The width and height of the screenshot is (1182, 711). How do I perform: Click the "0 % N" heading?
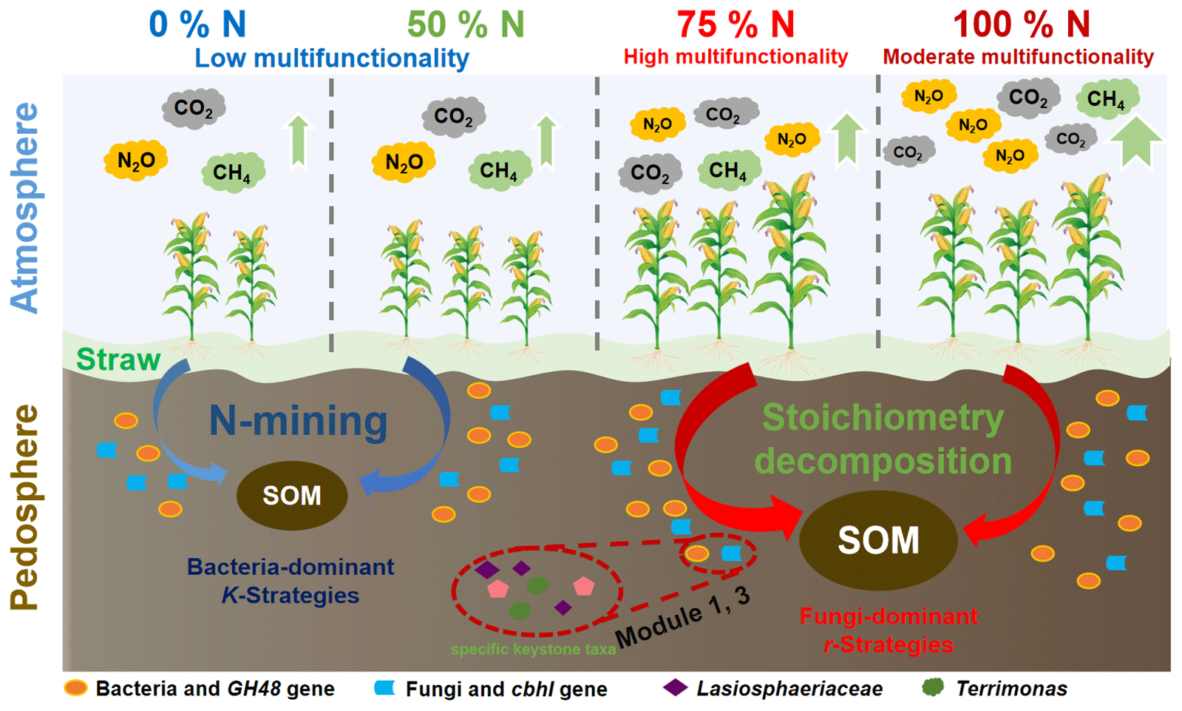197,24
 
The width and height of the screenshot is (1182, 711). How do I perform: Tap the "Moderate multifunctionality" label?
1018,57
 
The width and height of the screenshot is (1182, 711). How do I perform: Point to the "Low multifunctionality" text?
331,58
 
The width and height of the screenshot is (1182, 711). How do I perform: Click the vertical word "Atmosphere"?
25,207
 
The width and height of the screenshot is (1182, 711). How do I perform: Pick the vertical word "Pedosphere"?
25,507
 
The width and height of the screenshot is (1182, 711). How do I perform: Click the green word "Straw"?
118,360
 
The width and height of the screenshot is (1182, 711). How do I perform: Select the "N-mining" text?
298,420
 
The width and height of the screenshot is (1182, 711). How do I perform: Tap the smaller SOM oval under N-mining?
292,496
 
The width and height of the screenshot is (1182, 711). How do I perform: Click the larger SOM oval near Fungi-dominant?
878,540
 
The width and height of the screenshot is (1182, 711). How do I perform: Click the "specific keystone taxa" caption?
533,650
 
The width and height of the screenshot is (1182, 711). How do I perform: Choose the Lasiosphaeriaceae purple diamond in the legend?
675,688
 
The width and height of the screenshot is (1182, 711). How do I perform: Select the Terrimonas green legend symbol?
934,688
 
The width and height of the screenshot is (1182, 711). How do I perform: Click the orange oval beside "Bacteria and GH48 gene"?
75,688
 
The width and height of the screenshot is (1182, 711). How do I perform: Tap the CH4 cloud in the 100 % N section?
1106,98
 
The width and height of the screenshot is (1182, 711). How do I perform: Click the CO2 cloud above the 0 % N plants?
193,109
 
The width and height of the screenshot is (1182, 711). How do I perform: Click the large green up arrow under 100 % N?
1136,141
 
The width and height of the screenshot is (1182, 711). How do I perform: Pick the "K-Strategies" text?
291,596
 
